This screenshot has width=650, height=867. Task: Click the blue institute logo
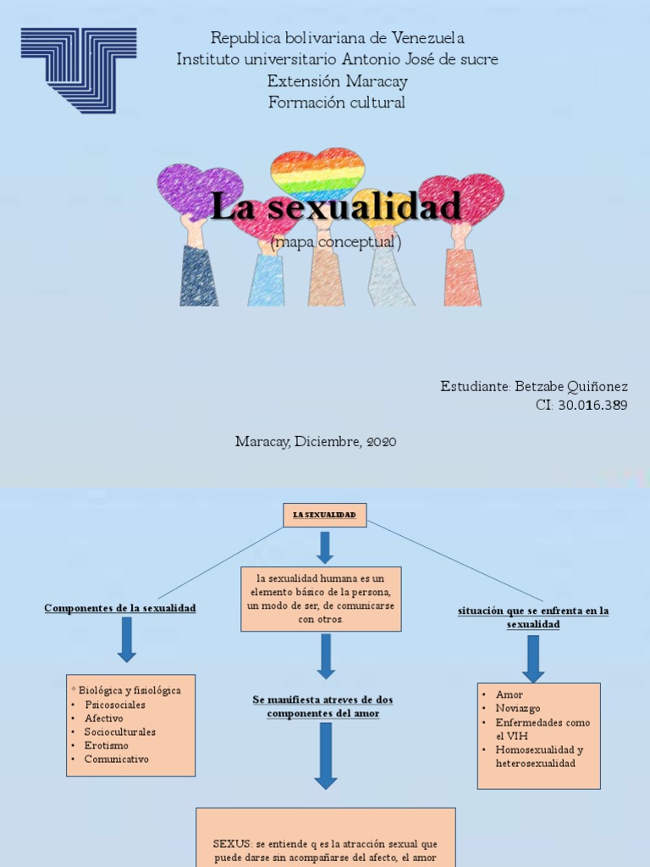(x=79, y=69)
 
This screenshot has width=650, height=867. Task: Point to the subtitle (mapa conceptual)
(x=336, y=242)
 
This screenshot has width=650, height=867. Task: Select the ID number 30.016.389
(x=593, y=405)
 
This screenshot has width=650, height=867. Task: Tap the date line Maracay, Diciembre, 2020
(x=316, y=441)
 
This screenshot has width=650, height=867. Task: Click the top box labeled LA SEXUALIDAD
(x=324, y=515)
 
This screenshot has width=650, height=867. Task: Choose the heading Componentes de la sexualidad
(x=120, y=608)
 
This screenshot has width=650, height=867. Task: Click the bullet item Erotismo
(x=106, y=745)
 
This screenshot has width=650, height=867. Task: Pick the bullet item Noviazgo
(x=518, y=708)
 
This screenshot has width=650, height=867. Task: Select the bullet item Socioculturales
(x=119, y=732)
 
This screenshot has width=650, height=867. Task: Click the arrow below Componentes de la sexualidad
(x=127, y=639)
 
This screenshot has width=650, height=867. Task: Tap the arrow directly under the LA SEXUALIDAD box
(x=325, y=546)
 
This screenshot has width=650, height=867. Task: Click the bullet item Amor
(x=510, y=693)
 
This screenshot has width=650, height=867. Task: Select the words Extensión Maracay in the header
(x=337, y=81)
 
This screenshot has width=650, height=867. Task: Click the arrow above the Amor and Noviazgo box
(x=533, y=658)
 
